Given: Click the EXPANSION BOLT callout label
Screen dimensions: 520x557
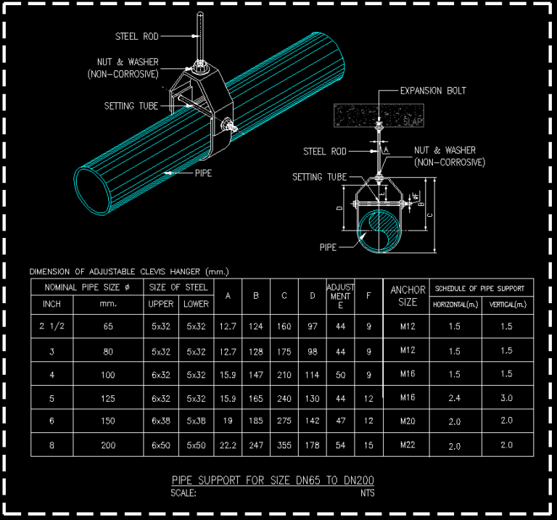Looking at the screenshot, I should point(433,91).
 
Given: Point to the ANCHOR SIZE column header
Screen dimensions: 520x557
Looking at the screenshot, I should point(408,296).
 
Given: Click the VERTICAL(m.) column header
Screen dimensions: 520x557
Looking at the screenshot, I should point(508,305).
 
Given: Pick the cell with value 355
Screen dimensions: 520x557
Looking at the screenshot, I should point(284,445).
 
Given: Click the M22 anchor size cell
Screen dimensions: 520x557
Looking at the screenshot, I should point(408,445).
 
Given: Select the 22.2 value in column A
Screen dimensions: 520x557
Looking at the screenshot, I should point(228,445).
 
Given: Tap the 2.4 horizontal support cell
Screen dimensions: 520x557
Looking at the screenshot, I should point(455,398).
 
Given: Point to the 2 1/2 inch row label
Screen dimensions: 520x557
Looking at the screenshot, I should point(52,326).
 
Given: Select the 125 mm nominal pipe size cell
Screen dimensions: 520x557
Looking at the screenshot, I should point(108,398).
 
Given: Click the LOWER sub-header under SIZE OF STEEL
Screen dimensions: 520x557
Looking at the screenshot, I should point(196,304).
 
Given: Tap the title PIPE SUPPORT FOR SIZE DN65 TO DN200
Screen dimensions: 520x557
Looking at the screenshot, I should point(273,480).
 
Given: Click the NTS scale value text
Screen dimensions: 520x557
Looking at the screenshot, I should point(368,493).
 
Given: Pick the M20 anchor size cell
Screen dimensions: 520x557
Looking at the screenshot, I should point(408,421).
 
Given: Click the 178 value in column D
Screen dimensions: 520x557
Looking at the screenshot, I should point(312,445).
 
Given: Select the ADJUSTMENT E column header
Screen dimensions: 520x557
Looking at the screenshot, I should point(340,296).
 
